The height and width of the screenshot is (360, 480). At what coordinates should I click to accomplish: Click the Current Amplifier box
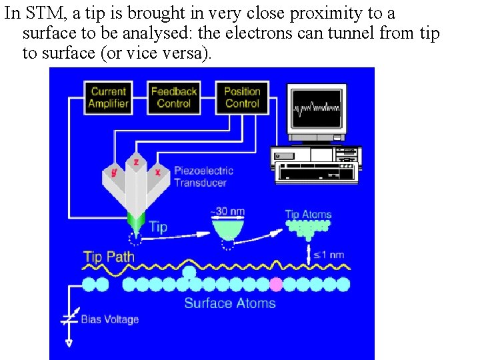click(x=108, y=97)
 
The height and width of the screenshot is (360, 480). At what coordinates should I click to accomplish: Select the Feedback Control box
click(x=173, y=97)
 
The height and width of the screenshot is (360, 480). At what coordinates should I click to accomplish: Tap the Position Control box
click(x=241, y=97)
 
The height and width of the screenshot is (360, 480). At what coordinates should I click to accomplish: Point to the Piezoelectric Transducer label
click(x=203, y=176)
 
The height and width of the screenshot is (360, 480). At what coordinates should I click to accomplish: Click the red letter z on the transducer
click(x=136, y=162)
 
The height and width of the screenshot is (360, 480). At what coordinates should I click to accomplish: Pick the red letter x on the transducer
click(x=157, y=171)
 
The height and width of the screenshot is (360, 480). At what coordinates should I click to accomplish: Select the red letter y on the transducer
click(x=114, y=172)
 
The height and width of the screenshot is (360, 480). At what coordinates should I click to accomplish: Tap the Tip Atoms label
click(x=308, y=214)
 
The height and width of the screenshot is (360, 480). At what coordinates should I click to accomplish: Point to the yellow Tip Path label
click(x=109, y=257)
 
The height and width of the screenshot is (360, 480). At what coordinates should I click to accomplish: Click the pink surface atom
click(x=275, y=285)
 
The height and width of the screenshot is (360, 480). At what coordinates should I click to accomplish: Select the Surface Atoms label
click(x=229, y=303)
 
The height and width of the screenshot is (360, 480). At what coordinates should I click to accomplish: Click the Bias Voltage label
click(x=109, y=319)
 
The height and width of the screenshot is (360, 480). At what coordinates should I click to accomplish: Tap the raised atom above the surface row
click(x=189, y=272)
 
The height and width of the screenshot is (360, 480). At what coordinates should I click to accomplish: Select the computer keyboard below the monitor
click(x=317, y=173)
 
